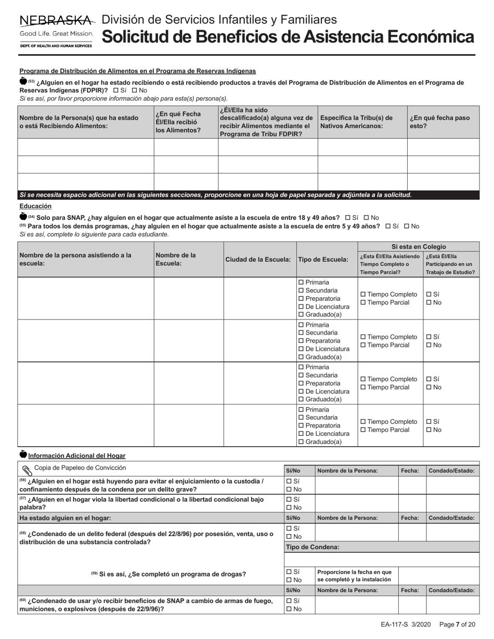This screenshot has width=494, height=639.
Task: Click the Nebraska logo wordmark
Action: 57,21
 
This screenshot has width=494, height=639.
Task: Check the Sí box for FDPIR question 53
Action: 115,90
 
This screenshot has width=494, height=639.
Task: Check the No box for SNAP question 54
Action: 366,218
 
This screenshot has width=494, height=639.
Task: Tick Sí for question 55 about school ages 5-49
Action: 388,227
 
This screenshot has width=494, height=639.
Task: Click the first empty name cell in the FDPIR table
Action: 86,148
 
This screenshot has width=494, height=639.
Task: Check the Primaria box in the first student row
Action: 301,282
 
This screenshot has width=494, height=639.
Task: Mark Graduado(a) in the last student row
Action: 301,442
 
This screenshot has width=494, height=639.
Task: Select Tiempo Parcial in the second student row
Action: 363,345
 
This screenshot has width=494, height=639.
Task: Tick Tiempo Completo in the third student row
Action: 363,379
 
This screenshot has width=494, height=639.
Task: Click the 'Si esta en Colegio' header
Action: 418,246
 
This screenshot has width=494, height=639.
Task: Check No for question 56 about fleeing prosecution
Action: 289,489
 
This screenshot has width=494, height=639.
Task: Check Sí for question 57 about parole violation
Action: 289,499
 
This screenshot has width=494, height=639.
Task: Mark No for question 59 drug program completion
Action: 289,580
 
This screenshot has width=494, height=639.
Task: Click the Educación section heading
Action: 35,206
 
